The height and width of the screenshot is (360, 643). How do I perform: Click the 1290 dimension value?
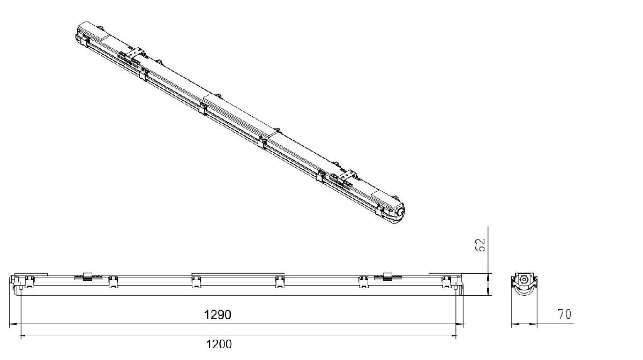[x=218, y=314]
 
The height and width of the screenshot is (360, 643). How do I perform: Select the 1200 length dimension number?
[x=219, y=344]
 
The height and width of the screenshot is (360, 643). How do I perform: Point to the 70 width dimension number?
[x=564, y=314]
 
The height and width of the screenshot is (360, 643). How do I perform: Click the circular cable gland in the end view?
[x=524, y=279]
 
